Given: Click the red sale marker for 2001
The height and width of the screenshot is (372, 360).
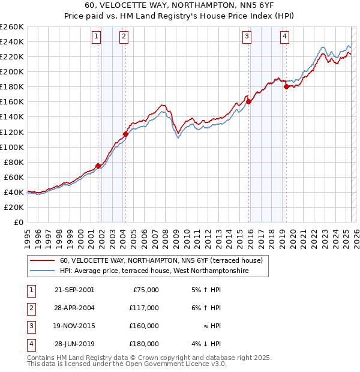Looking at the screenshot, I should (98, 166).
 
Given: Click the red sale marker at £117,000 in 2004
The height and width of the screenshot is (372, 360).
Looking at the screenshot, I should (125, 134).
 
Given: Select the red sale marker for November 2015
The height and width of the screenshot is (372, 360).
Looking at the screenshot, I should (248, 101).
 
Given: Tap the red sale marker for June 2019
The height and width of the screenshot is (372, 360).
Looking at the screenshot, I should (286, 86).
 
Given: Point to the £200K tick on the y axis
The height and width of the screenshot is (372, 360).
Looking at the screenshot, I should (12, 71).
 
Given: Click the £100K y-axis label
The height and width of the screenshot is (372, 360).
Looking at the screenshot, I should (12, 147).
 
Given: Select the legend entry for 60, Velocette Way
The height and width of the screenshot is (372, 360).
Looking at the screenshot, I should (161, 261).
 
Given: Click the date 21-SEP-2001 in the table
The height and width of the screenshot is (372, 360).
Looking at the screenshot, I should (74, 289).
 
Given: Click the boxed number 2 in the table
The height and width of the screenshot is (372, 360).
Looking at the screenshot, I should (29, 308).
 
